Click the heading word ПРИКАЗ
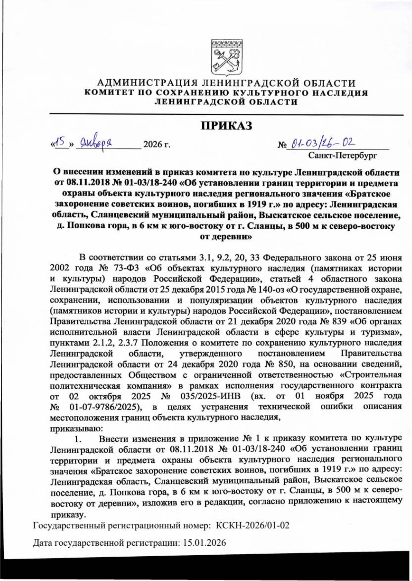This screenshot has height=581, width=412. coord(226,126)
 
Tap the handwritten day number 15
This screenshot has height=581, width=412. coord(60,141)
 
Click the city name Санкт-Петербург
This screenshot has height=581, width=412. coord(343,156)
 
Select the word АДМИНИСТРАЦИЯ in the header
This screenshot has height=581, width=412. coord(147,83)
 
